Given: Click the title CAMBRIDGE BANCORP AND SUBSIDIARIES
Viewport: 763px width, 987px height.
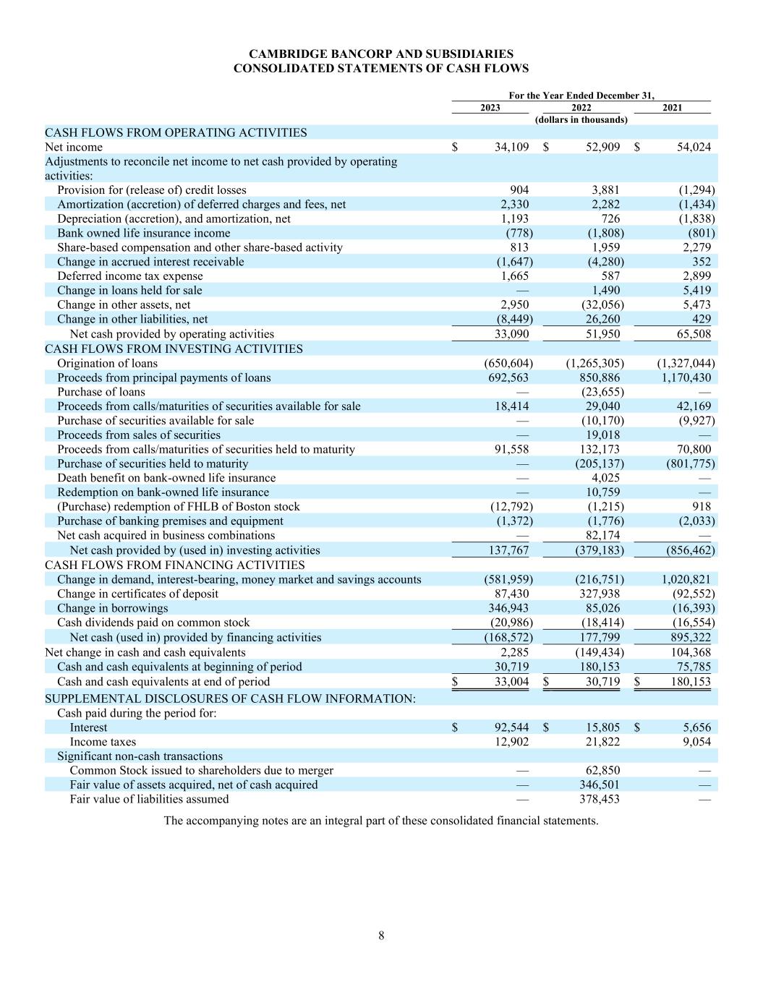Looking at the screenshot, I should coord(381,54).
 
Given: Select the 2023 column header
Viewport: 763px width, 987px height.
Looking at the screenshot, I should coord(490,108).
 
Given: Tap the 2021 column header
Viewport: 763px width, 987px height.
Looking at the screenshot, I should coord(673,108).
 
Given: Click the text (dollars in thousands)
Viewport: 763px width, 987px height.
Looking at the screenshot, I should coord(581,119).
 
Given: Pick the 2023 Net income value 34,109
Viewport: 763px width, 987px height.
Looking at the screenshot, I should coord(511,147).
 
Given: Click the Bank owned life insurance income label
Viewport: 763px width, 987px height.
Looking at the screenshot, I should coord(144,233).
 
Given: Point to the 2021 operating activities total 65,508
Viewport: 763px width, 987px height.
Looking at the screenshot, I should coord(689,334).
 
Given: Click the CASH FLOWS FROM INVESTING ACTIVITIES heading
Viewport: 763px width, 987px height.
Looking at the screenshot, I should coord(174,349).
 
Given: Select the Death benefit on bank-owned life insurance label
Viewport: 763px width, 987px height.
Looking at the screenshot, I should coord(166,478).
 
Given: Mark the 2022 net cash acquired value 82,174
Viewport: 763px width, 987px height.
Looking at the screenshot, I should coord(602,536).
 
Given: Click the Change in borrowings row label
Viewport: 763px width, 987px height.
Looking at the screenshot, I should coord(112,608).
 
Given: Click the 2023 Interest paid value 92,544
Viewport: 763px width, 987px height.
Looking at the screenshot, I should coord(511,727).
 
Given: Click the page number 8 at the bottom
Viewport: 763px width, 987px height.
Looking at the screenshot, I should coord(381,936).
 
